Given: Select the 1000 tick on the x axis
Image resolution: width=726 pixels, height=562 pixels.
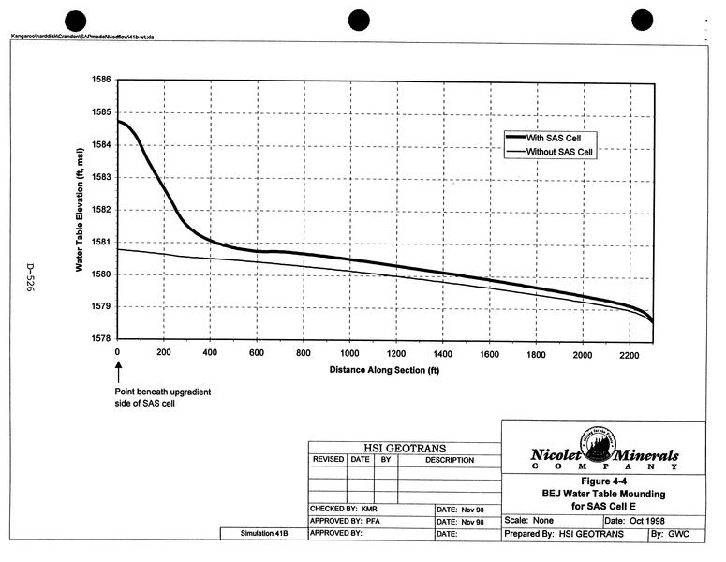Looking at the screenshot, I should pos(350,353).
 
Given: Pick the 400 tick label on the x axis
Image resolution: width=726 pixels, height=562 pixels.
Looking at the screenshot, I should pos(210,353).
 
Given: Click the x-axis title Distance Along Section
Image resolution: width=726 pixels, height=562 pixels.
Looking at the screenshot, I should pos(384,370).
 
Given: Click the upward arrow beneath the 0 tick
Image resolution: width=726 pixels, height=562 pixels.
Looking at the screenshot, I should pos(118,374).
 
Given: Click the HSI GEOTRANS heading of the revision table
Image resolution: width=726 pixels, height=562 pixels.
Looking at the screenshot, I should pos(405,448).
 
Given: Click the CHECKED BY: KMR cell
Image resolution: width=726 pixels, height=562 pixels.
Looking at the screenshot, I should pos(343,509).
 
